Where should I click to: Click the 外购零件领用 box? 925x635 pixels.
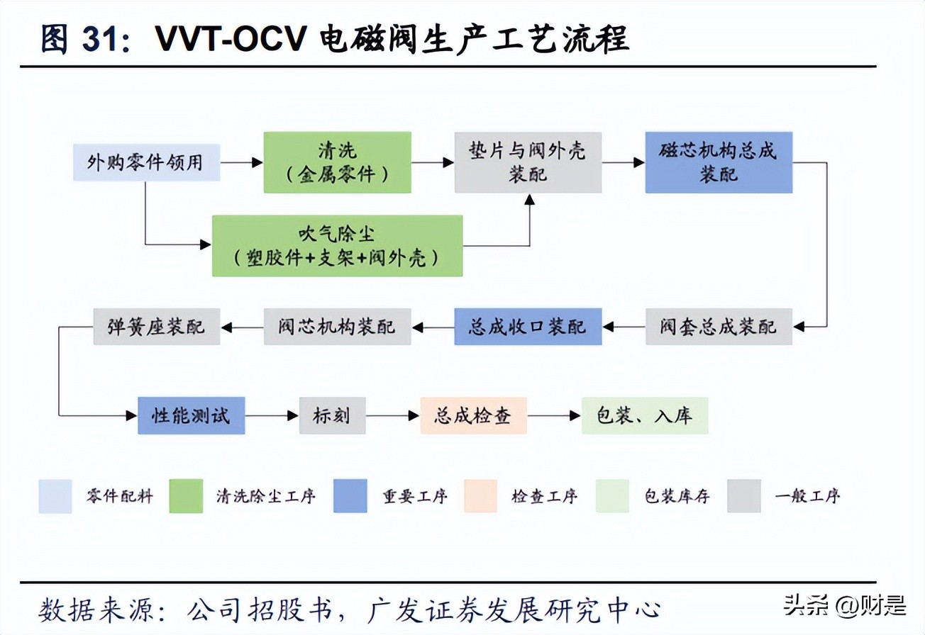coord(145,162)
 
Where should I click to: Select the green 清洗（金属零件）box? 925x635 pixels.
coord(337,162)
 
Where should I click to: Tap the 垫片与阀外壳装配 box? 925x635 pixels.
coord(528,162)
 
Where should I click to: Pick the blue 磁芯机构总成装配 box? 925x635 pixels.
coord(719,162)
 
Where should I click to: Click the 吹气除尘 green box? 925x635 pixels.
coord(337,246)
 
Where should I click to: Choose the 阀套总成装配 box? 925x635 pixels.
coord(719,327)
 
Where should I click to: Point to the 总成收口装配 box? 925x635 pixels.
coord(528,327)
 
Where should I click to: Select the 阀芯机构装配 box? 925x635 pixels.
coord(337,327)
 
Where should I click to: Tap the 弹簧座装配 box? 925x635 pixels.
coord(157,327)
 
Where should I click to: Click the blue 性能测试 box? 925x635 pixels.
coord(191,415)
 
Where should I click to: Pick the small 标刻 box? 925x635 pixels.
coord(332,415)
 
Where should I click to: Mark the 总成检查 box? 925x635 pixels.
coord(473,415)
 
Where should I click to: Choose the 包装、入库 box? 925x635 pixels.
coord(645,415)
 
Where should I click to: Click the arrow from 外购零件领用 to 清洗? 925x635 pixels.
coord(241,162)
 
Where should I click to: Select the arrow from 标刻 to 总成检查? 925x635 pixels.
coord(392,416)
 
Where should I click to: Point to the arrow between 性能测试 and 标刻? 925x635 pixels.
coord(272,416)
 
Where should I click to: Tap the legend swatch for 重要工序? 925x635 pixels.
coord(350,496)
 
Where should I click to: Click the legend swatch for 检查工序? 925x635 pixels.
coord(481,496)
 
